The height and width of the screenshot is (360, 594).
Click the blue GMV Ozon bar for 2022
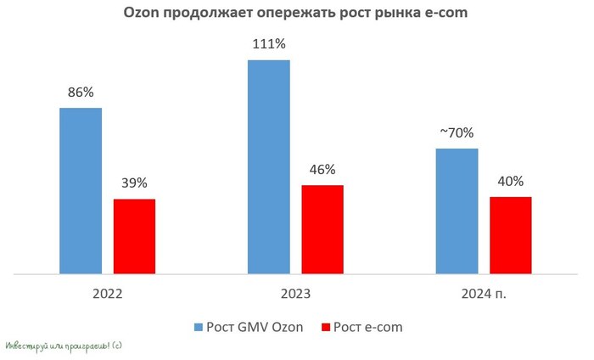(81, 191)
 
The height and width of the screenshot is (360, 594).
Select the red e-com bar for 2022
(134, 237)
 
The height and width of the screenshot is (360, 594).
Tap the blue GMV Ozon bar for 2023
(269, 167)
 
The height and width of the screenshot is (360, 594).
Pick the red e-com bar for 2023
(322, 229)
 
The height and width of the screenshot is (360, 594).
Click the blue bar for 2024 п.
(457, 211)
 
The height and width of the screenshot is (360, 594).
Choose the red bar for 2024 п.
(511, 235)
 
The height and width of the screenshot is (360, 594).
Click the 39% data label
(134, 183)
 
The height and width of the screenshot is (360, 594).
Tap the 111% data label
(268, 44)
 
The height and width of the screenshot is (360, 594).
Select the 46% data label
(322, 169)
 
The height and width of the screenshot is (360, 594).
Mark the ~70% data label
(456, 132)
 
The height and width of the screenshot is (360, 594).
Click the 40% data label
(510, 180)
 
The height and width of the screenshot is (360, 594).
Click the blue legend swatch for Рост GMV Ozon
(199, 327)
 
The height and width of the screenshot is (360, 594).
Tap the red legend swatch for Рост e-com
(325, 327)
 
